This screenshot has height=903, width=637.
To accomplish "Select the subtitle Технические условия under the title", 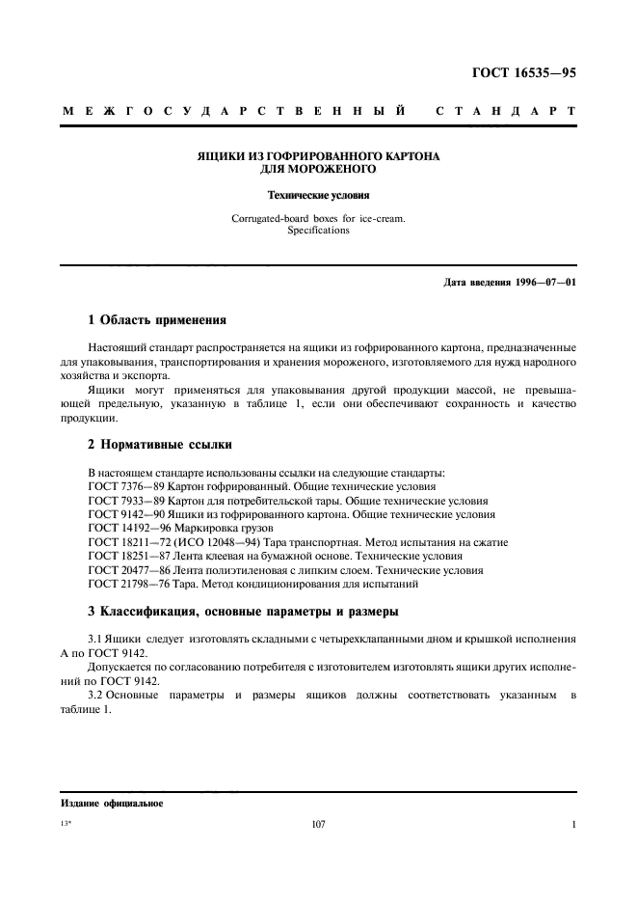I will click(x=318, y=193).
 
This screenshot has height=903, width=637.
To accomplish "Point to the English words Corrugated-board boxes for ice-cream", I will click(x=318, y=219).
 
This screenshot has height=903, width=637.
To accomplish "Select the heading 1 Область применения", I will click(x=156, y=319).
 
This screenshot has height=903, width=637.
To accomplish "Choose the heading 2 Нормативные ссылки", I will click(x=158, y=446).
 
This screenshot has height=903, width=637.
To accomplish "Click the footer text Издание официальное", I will click(x=111, y=803).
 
